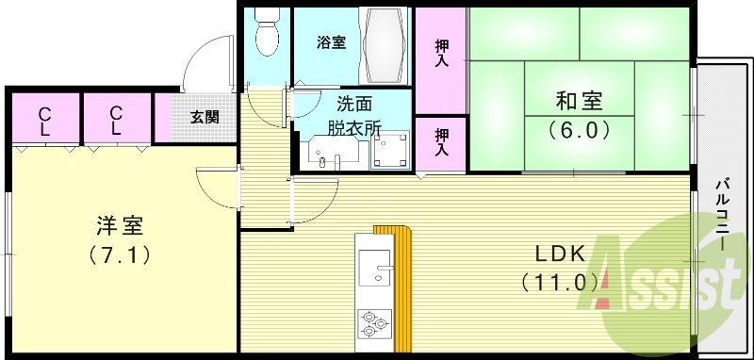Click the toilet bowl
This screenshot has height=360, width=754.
tap(267, 38)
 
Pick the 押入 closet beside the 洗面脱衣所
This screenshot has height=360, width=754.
tap(440, 142)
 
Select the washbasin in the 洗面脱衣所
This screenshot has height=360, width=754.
tap(329, 154)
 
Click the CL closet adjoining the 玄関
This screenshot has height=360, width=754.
tap(117, 119)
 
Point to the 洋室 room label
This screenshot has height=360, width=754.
tap(120, 225)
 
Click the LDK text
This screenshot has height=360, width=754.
tap(561, 253)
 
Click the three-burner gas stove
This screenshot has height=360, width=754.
tap(373, 323)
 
